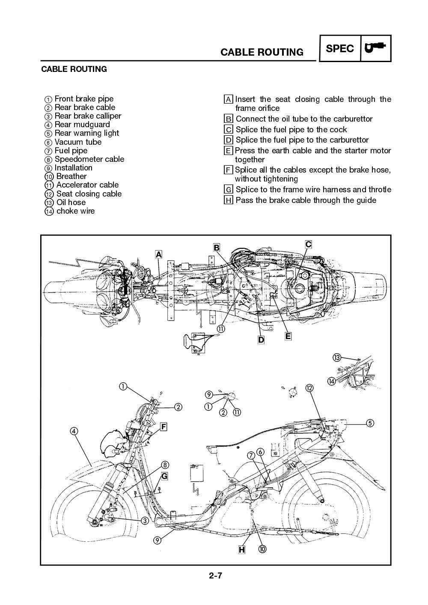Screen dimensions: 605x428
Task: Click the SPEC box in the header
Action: click(x=340, y=48)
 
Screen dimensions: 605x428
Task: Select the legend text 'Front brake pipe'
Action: click(x=84, y=99)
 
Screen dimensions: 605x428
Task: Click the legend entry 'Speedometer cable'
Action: click(x=89, y=159)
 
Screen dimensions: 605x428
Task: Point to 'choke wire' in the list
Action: click(x=75, y=211)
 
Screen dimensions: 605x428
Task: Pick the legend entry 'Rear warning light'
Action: click(x=87, y=133)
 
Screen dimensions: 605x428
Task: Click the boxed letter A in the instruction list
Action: click(x=229, y=99)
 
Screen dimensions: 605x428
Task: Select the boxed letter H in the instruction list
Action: click(x=229, y=200)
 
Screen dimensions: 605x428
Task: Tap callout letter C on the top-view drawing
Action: click(x=308, y=244)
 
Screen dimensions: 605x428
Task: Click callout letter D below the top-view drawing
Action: click(x=261, y=340)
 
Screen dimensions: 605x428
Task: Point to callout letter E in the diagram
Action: click(x=288, y=336)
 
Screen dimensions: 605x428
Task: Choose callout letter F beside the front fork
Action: click(x=163, y=426)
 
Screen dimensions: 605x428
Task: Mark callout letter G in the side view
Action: click(x=164, y=476)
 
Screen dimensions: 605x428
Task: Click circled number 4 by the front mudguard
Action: click(x=74, y=431)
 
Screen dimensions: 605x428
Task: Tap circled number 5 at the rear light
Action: click(x=370, y=423)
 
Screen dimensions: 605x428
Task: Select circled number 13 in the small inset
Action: click(x=337, y=358)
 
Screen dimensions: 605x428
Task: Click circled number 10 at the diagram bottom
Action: click(x=262, y=549)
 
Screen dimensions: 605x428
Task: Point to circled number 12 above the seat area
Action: click(x=309, y=388)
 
